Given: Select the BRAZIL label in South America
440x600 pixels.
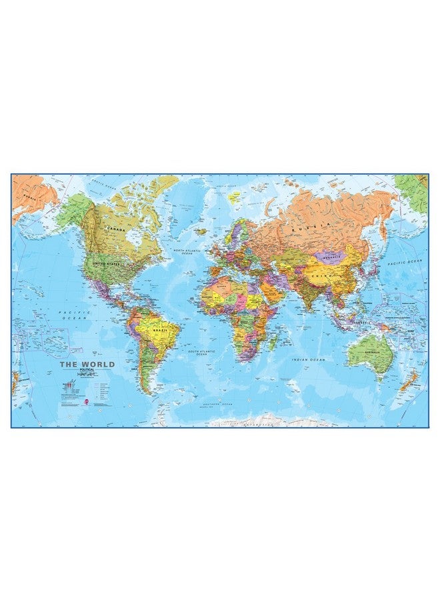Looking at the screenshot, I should click(160, 330).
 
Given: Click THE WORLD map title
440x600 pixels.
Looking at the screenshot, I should click(87, 365).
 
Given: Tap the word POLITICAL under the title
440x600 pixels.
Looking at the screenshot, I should click(87, 371).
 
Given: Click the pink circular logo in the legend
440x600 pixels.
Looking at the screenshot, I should click(85, 401).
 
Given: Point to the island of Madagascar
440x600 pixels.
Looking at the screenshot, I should click(274, 343).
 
